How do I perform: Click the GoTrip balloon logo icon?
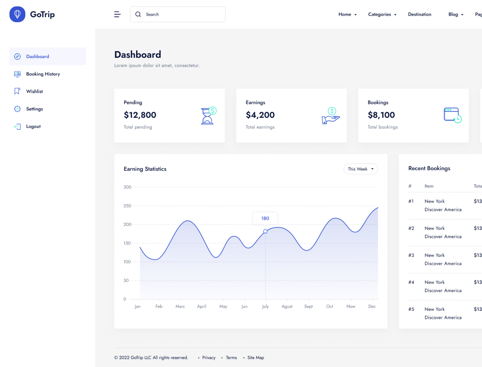point(17,14)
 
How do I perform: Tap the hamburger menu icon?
point(117,14)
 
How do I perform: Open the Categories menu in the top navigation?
point(382,15)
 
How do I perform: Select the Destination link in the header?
point(419,15)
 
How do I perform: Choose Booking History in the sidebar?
point(43,74)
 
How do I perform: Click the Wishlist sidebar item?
point(34,91)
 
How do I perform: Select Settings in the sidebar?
point(34,109)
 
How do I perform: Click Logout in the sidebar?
point(33,127)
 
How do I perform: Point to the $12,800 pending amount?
point(140,115)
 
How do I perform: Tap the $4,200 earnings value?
point(260,115)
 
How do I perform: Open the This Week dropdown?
point(360,169)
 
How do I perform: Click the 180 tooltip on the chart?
point(265,218)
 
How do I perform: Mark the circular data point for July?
point(265,231)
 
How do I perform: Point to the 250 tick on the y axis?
point(127,206)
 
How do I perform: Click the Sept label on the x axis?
point(308,307)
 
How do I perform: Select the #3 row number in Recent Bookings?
point(411,255)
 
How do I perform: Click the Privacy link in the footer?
point(208,358)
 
